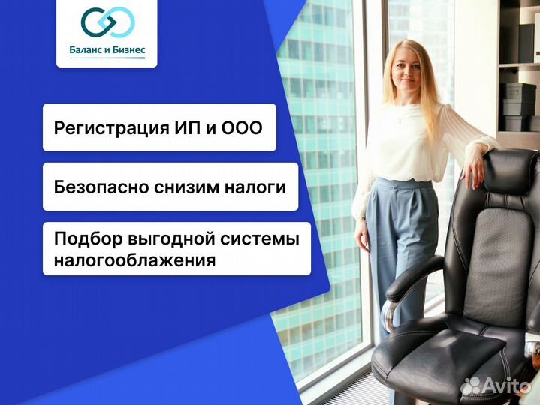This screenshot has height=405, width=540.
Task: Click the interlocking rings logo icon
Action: point(107,25)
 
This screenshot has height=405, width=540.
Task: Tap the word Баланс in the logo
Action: point(87,51)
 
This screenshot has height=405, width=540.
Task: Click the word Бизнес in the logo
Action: point(132,51)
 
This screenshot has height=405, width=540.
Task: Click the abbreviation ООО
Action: point(243,128)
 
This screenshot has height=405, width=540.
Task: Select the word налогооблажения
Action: point(134,260)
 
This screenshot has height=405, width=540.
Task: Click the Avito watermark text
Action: point(506,385)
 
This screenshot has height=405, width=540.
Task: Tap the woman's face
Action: point(406,72)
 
